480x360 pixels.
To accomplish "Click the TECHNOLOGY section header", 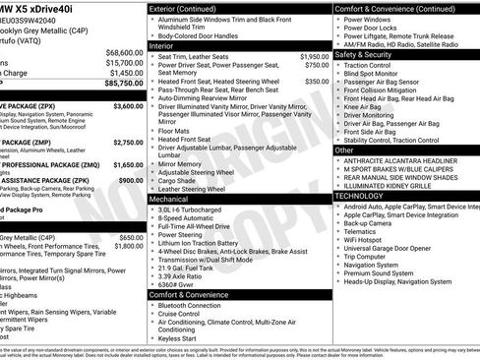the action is [366, 196].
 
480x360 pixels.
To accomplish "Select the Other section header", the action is [344, 150].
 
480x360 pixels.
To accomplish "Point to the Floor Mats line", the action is [174, 130].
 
